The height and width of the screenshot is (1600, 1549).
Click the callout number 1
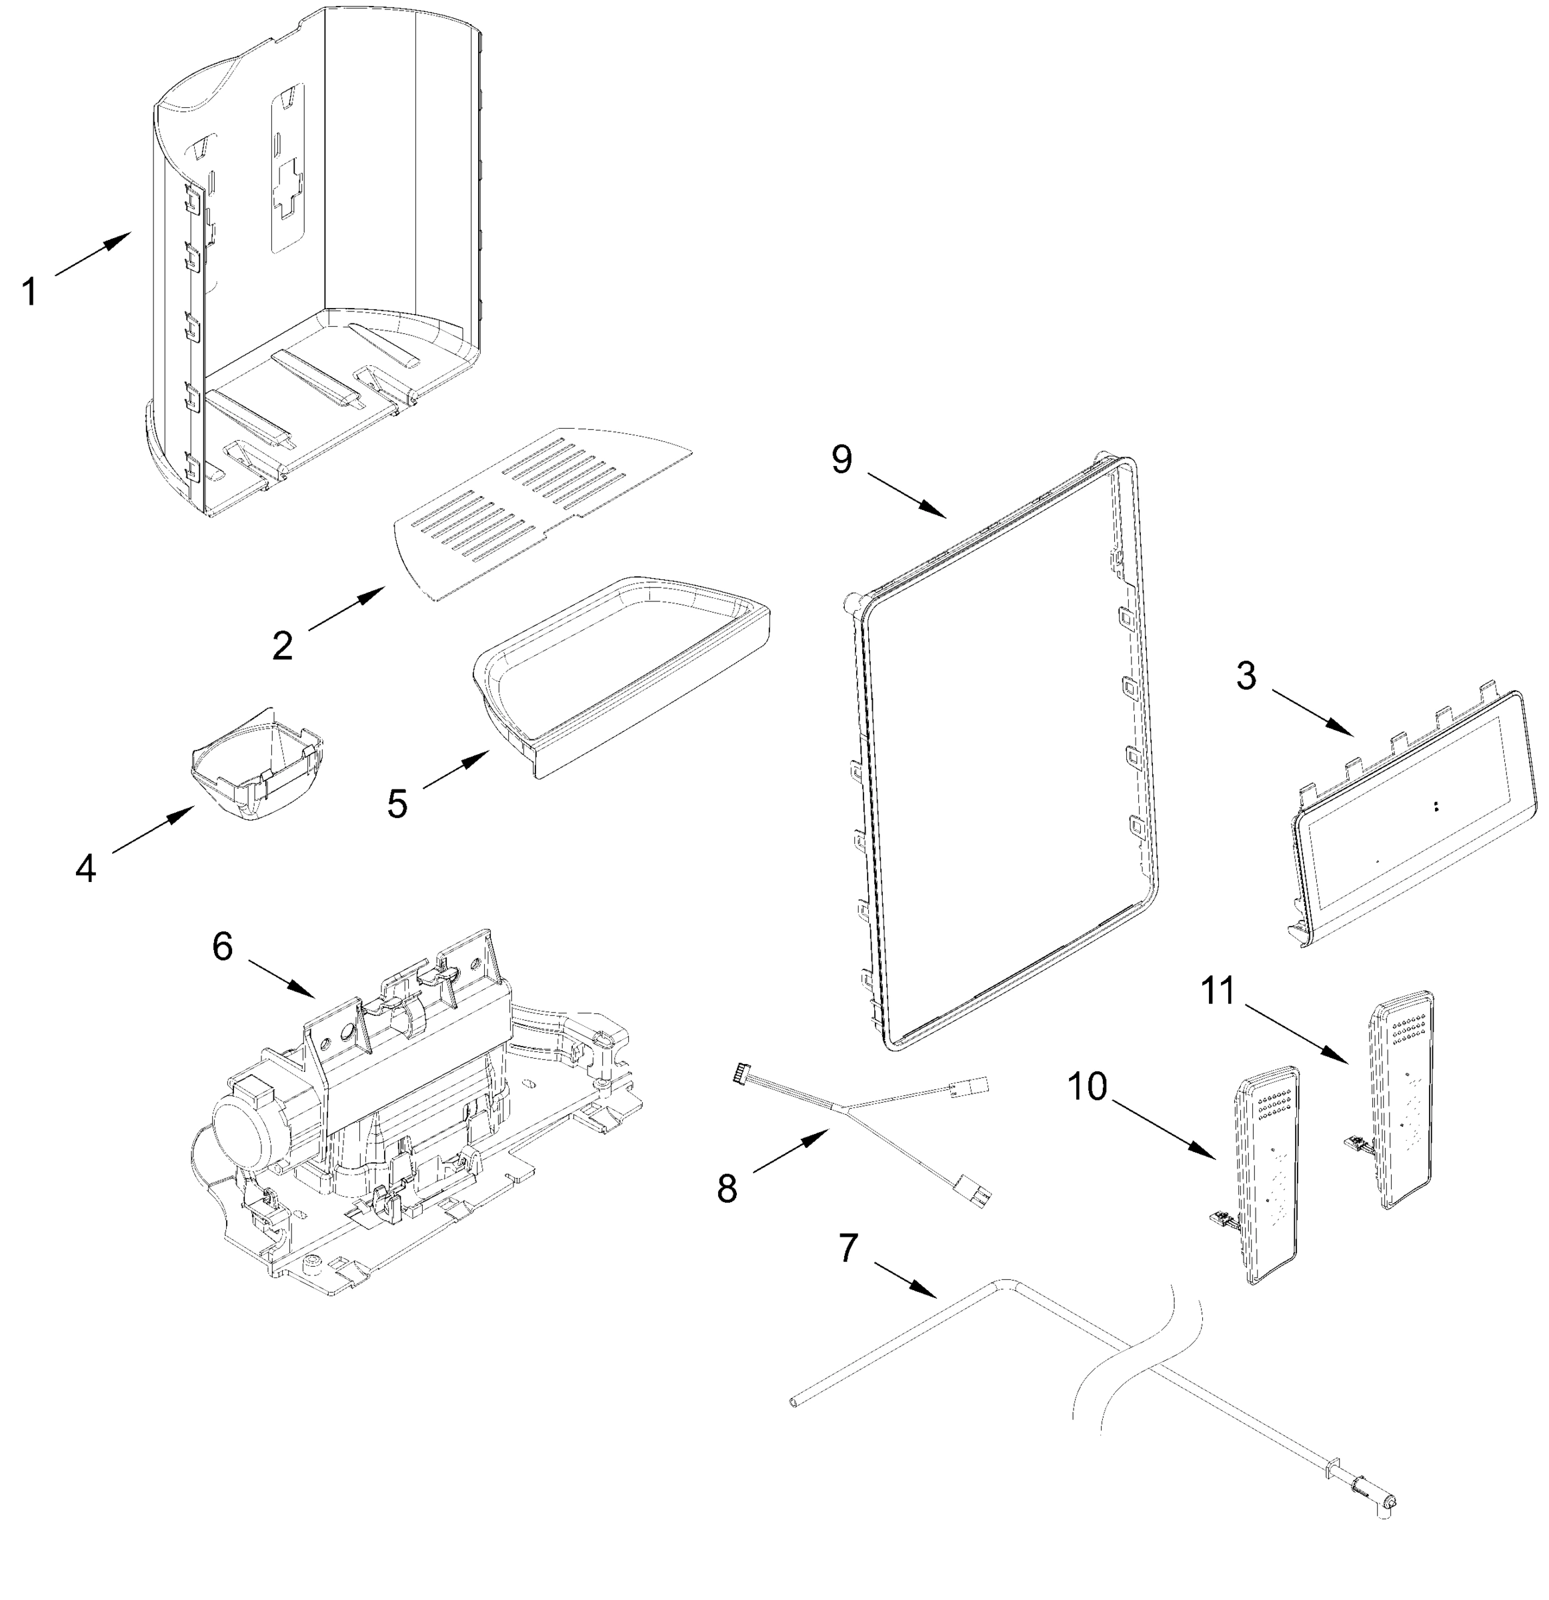point(29,291)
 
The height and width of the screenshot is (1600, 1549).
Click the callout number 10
point(1088,1087)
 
